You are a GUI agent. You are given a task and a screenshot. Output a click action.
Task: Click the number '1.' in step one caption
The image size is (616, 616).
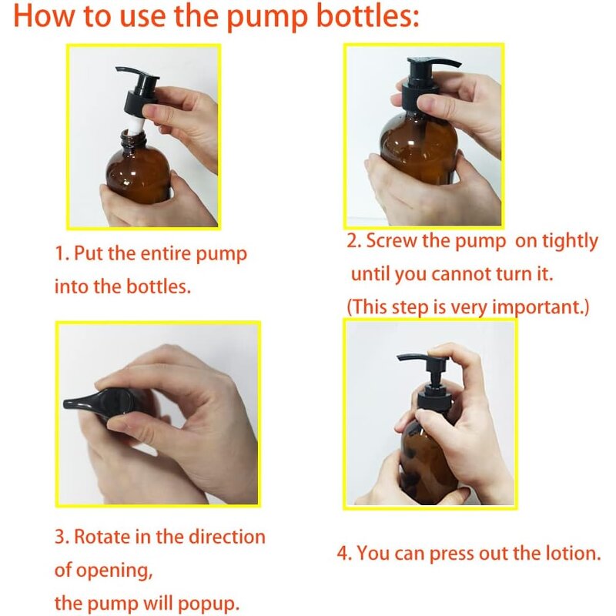pos(62,254)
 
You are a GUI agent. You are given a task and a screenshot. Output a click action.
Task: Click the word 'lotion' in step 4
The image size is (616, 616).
pos(568,553)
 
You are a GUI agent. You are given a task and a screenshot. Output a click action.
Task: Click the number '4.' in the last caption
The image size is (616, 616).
pos(346,553)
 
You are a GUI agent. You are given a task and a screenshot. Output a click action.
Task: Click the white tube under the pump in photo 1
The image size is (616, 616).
pos(137,119)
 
